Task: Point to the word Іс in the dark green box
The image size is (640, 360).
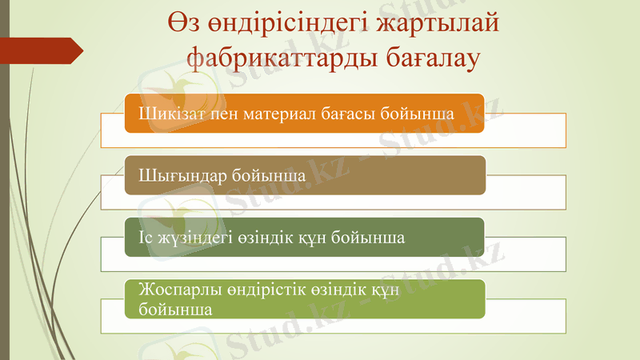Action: [146, 238]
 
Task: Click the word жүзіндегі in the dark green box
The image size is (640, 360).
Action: [192, 238]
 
